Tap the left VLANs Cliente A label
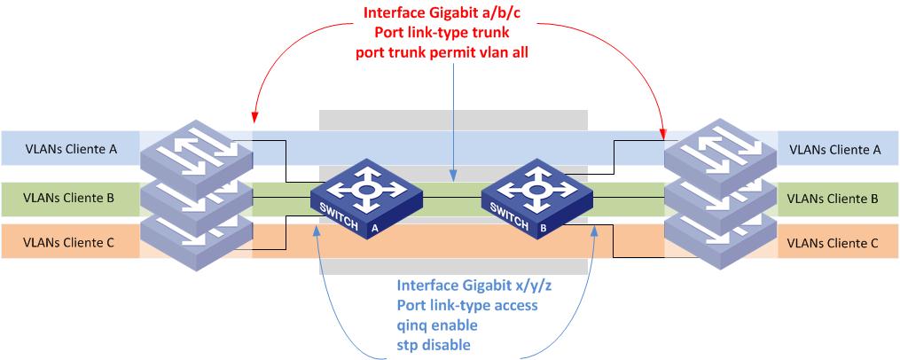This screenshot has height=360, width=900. [70, 150]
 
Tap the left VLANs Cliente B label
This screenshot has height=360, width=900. [70, 196]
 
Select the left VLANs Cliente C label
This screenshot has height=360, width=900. [70, 241]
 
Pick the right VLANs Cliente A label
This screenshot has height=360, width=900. [834, 150]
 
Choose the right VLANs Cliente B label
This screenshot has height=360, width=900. [834, 198]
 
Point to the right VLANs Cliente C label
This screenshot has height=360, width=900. [834, 242]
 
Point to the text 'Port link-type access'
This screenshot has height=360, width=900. [468, 305]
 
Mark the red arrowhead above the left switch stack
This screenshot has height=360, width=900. [254, 117]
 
